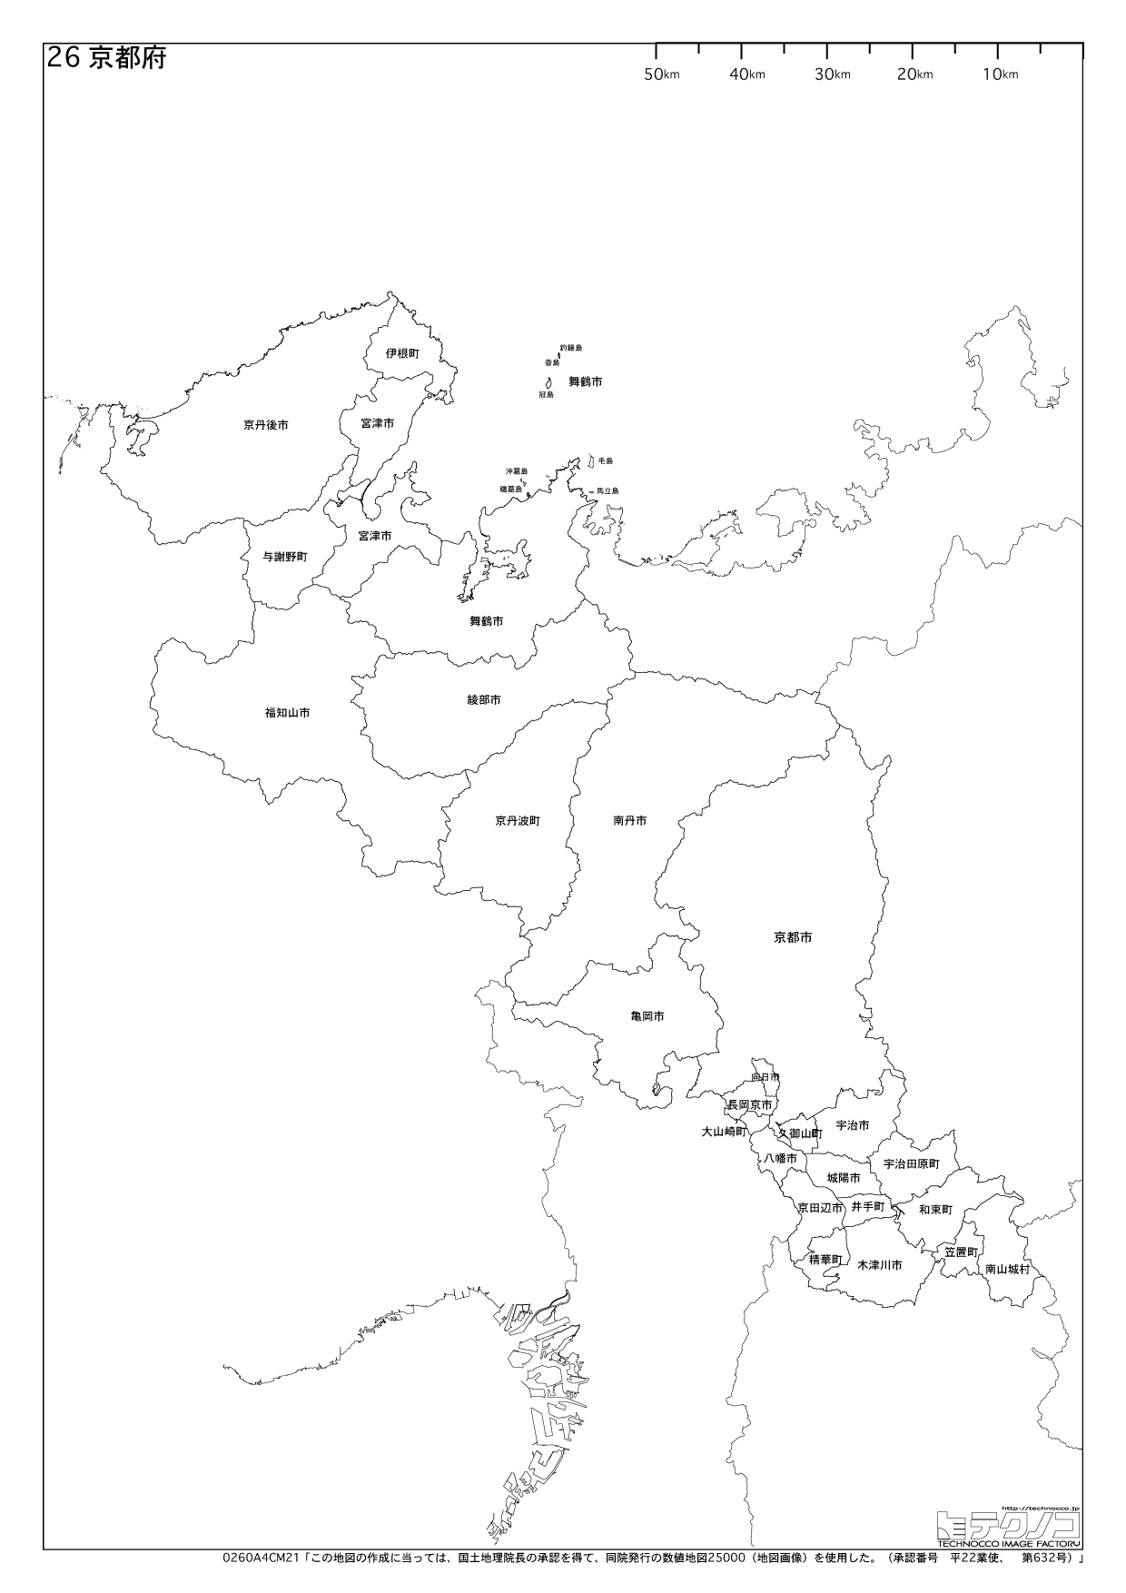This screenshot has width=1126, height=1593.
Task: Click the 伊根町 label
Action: tap(401, 352)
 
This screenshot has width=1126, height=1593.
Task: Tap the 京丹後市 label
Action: tap(265, 424)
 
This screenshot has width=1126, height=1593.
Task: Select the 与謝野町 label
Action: tap(285, 557)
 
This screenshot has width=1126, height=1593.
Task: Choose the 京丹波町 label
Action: tap(518, 820)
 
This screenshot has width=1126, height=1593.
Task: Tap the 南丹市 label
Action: tap(630, 820)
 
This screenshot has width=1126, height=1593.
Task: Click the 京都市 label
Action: tap(793, 937)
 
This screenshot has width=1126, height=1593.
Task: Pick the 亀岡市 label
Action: tap(647, 1016)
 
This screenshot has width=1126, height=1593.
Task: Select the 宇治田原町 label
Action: tap(911, 1163)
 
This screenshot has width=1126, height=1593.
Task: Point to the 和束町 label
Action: tap(935, 1210)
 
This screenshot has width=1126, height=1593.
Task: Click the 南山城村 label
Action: tap(1008, 1270)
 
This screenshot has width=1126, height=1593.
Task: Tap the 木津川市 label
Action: tap(879, 1265)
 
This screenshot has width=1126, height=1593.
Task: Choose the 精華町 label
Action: tap(825, 1260)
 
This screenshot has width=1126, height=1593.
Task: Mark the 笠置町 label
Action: tap(960, 1252)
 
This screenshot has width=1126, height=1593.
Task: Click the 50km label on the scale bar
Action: tap(661, 74)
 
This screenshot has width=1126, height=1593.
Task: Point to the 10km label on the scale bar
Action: tap(1000, 74)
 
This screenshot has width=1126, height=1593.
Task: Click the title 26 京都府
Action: tap(105, 59)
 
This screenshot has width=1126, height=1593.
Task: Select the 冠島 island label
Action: tap(546, 394)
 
